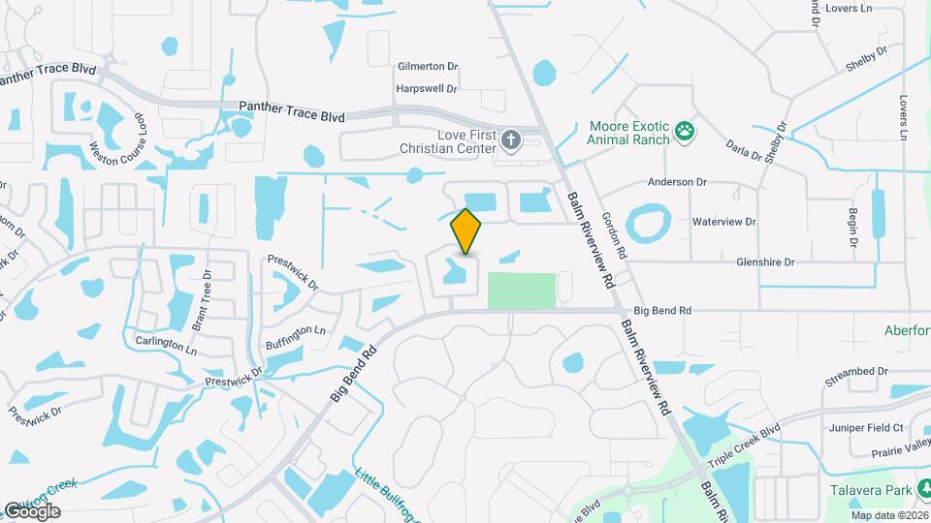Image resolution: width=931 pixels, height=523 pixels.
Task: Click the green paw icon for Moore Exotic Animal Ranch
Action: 686,132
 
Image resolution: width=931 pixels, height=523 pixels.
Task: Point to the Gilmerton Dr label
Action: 428,67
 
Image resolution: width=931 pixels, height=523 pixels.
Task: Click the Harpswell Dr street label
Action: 427,88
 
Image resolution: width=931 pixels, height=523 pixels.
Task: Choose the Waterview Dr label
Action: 723,222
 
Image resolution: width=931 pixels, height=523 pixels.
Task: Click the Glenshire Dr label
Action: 765,261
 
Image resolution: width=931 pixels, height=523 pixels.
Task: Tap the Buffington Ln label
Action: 295,338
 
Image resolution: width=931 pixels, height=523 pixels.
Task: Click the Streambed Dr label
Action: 855,371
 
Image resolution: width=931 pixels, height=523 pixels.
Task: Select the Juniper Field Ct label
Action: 866,427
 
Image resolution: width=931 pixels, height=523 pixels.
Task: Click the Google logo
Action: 32,510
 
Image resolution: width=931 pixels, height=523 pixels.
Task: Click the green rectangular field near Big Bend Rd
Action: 521,291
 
